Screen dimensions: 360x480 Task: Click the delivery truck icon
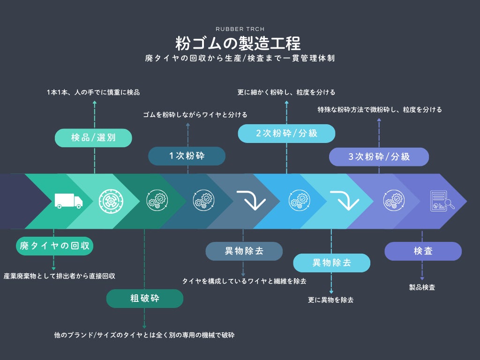click(68, 201)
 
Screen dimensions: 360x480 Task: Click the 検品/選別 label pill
click(93, 138)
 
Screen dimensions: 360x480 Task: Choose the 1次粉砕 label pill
click(187, 156)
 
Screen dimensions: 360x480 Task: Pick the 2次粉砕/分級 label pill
click(286, 133)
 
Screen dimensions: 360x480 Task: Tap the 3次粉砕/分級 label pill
click(379, 157)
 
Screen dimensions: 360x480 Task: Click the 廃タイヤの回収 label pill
click(55, 246)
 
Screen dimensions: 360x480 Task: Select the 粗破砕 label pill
click(144, 299)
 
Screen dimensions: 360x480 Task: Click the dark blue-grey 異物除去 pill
click(244, 251)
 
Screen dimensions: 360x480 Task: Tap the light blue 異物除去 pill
click(331, 262)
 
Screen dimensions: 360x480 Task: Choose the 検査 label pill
click(423, 251)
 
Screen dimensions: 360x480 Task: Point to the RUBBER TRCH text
click(240, 29)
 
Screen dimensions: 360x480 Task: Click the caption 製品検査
click(422, 287)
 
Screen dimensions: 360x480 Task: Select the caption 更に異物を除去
click(330, 300)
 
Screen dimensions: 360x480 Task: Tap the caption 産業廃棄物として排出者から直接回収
click(60, 276)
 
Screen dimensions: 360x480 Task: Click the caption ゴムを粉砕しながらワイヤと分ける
click(195, 115)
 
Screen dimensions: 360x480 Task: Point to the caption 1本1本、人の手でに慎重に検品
click(93, 92)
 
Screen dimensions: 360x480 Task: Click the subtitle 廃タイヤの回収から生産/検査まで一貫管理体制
click(240, 59)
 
